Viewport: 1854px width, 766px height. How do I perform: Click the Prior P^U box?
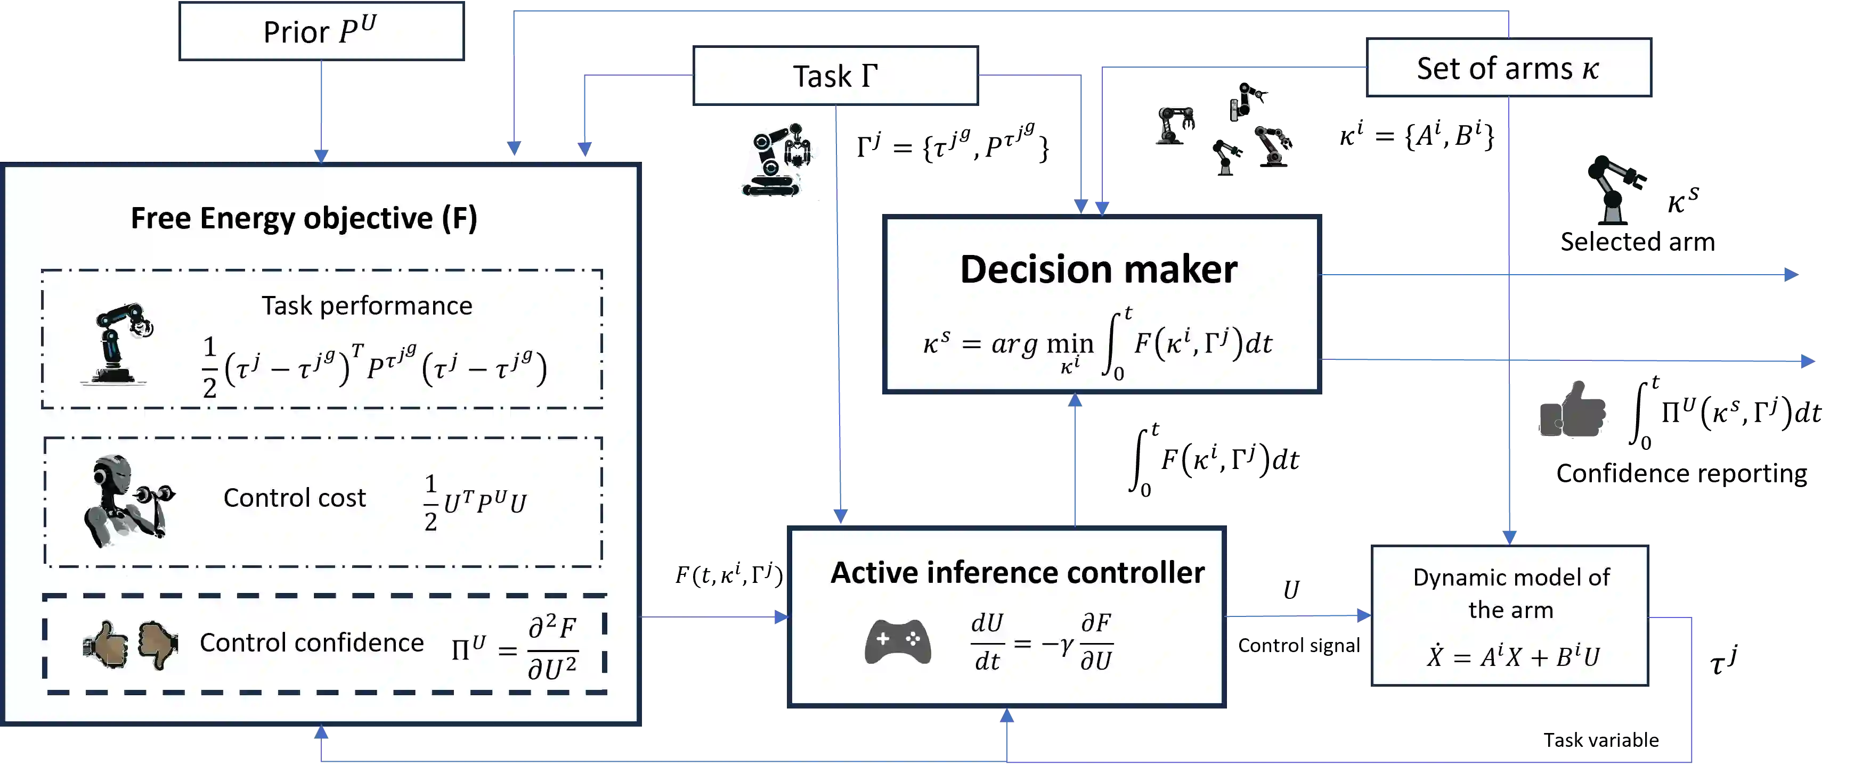tap(321, 31)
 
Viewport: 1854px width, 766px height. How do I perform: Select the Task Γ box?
tap(835, 76)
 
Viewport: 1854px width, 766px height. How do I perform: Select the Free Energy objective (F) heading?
tap(304, 218)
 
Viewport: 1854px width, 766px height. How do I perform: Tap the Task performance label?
tap(367, 306)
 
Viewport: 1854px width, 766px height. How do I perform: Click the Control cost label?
tap(295, 498)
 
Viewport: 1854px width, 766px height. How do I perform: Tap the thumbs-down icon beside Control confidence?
tap(158, 644)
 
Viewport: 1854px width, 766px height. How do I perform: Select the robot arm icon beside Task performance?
tap(119, 344)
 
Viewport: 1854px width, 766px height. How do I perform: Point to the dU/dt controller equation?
tap(1042, 641)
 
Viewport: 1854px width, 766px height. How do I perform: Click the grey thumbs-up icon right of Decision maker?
tap(1573, 411)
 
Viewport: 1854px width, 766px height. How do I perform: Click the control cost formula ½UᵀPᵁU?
tap(475, 503)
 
